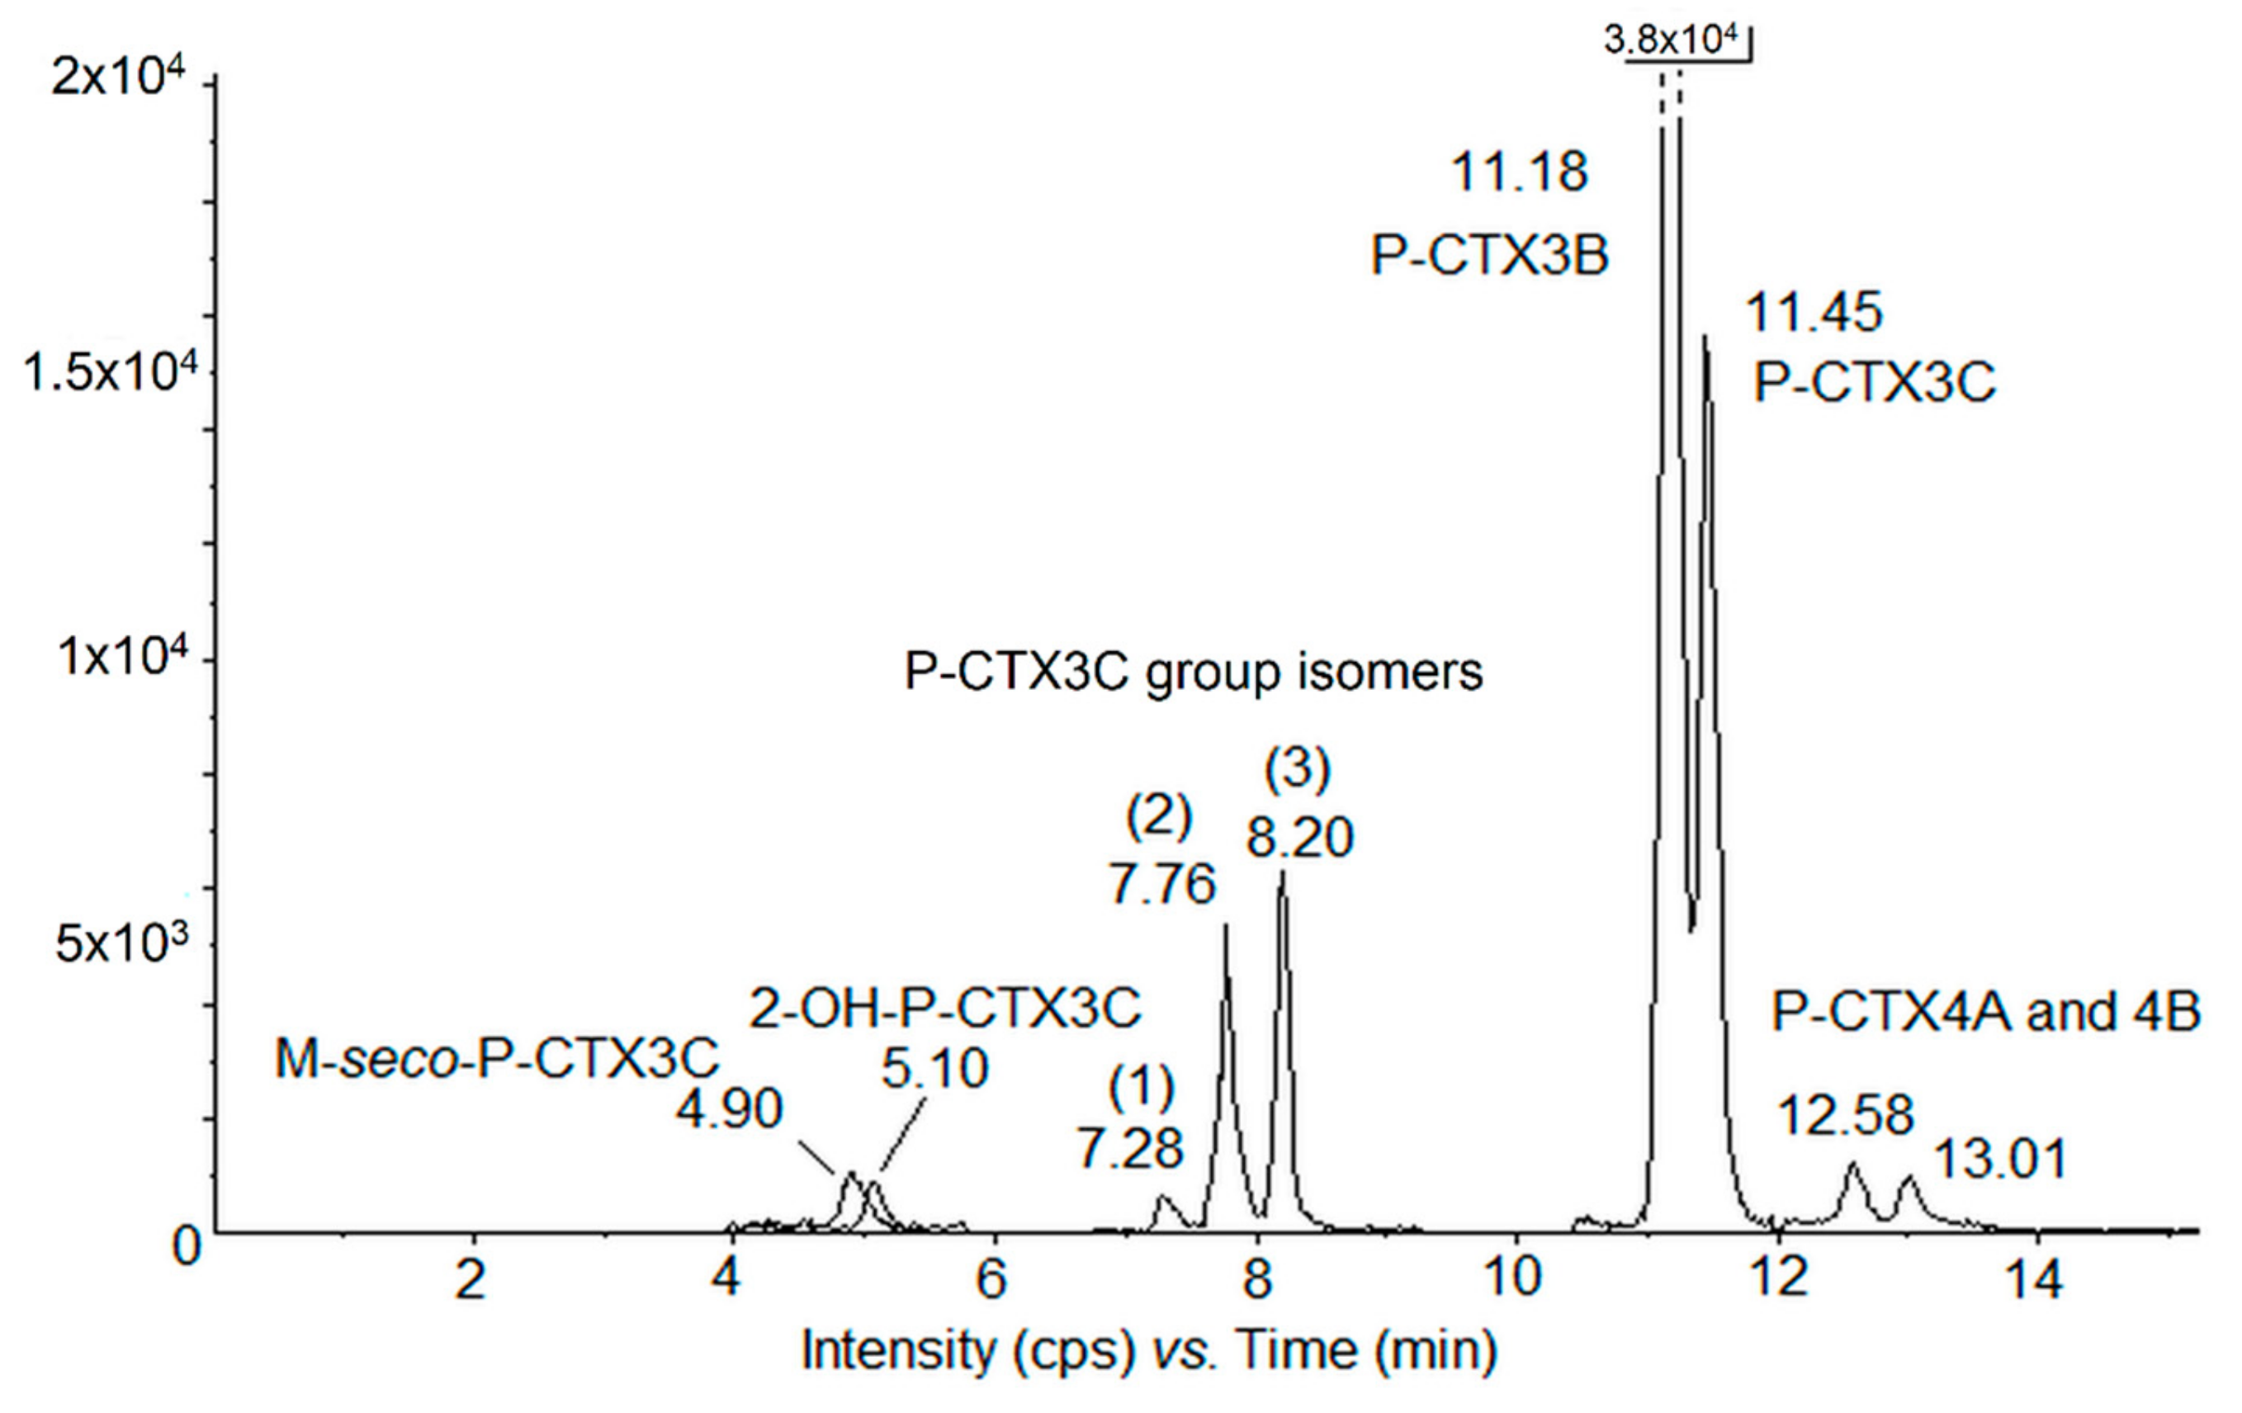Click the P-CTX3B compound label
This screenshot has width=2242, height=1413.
[1489, 255]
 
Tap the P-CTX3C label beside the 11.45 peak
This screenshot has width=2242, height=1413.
[1873, 381]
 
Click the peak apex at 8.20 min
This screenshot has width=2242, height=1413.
[1282, 873]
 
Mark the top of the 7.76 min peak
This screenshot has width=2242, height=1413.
[1225, 926]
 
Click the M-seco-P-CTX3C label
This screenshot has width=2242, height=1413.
[496, 1059]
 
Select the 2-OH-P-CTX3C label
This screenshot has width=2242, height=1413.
[944, 1007]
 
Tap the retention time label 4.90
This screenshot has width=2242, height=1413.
[729, 1108]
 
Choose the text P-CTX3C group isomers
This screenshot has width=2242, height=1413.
[1193, 671]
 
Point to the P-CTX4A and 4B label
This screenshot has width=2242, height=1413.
[1985, 1011]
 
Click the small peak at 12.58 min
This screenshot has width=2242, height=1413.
[1853, 1166]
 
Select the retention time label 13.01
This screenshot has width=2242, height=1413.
[2000, 1160]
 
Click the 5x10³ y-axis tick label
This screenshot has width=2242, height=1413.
[121, 944]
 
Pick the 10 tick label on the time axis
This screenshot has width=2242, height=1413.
[1515, 1277]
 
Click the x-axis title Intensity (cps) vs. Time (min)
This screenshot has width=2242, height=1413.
[1149, 1349]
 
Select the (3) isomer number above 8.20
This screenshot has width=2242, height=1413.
[1297, 770]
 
